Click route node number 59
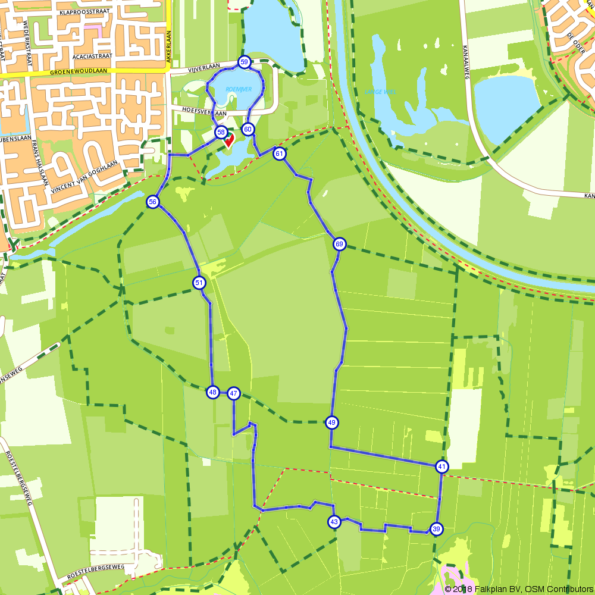(244, 62)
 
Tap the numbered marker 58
(221, 132)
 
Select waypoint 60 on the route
(248, 129)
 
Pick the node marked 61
(280, 154)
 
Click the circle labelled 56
(153, 202)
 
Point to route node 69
(339, 244)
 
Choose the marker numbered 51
(199, 283)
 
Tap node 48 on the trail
(213, 392)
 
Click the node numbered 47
(233, 393)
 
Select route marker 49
(332, 422)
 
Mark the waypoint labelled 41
(441, 466)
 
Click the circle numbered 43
(334, 522)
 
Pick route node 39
(436, 529)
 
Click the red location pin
(229, 140)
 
